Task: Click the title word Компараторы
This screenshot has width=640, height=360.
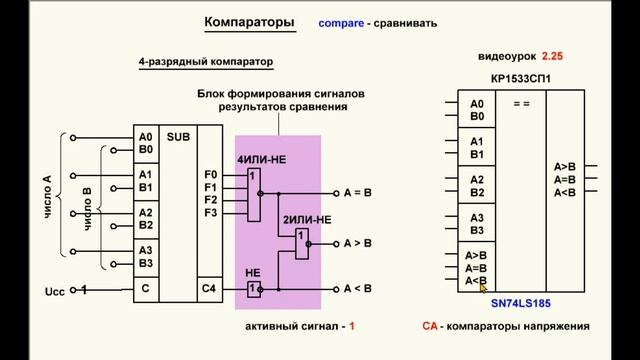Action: click(249, 21)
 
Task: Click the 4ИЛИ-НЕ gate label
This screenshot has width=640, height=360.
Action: click(261, 160)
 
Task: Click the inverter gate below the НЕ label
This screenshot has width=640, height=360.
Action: click(254, 289)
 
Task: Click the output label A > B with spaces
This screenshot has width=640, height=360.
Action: click(357, 242)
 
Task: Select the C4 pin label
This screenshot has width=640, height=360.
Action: click(208, 290)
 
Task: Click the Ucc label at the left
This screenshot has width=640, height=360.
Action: click(56, 291)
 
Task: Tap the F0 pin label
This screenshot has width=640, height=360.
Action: click(210, 174)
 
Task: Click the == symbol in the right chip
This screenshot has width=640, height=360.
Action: click(520, 104)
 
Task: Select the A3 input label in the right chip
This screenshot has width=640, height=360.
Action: click(477, 217)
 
